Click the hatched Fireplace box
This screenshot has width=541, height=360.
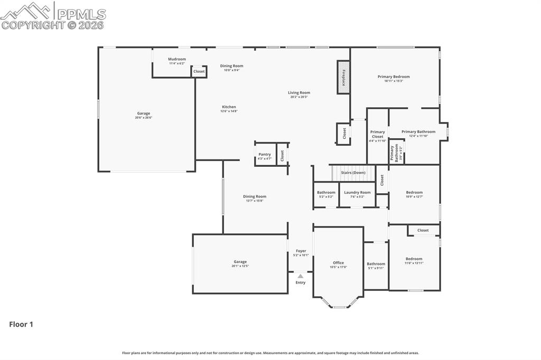click(x=343, y=77)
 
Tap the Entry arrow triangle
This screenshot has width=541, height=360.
click(x=300, y=276)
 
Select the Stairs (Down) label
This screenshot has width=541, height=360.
click(x=353, y=173)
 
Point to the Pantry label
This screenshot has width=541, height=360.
click(x=265, y=155)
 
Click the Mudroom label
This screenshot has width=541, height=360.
click(x=177, y=59)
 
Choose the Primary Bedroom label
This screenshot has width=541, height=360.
click(x=394, y=77)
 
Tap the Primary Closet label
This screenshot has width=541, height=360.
click(x=377, y=135)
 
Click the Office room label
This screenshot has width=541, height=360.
click(x=338, y=263)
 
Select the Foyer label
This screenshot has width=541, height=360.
click(x=301, y=251)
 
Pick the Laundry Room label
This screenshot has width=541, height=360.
click(x=357, y=193)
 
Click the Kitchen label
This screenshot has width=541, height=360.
click(x=229, y=107)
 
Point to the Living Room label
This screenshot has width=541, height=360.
click(x=299, y=93)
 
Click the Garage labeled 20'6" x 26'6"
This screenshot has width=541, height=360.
click(x=143, y=113)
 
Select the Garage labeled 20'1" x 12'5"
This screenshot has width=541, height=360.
click(x=240, y=262)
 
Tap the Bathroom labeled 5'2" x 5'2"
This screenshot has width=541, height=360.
click(x=326, y=193)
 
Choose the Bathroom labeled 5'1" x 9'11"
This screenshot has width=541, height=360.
click(x=376, y=264)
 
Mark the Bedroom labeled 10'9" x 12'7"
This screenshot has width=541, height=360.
click(x=414, y=193)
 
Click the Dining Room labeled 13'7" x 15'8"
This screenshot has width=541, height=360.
click(x=255, y=197)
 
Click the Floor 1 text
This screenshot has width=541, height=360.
click(x=21, y=325)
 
